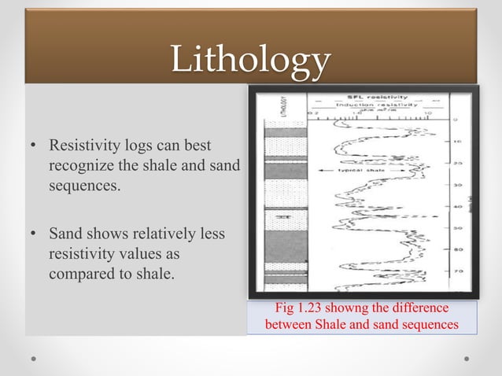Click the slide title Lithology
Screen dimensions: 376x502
click(251, 61)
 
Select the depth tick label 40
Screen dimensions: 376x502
click(456, 206)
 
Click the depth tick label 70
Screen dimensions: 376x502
click(456, 270)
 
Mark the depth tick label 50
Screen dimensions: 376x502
click(456, 227)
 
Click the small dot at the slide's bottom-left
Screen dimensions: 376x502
click(35, 358)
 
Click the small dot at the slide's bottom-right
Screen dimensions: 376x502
click(467, 358)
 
